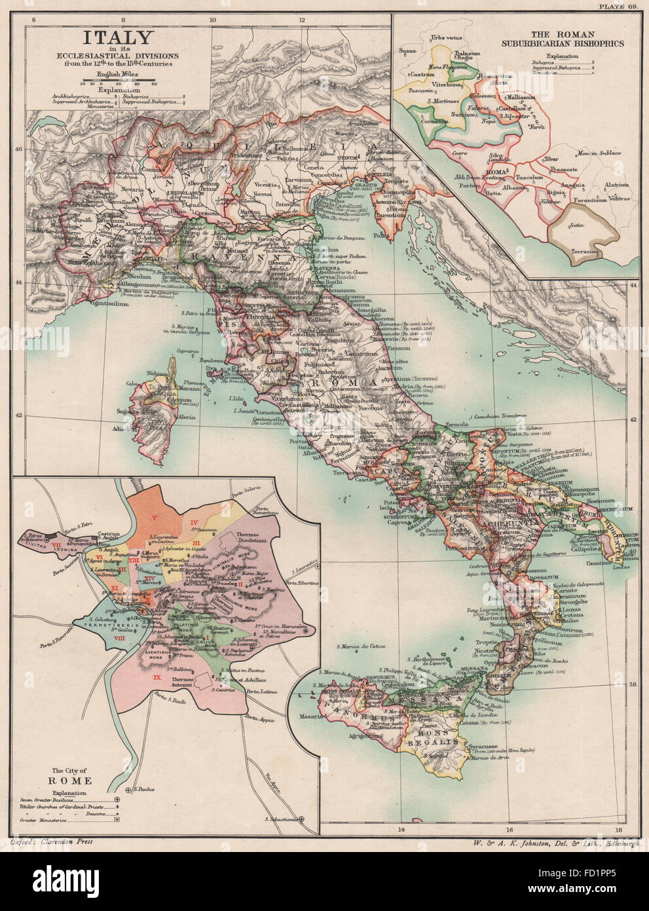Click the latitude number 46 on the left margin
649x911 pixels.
[19, 149]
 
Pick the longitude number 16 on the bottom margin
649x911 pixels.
[509, 831]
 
